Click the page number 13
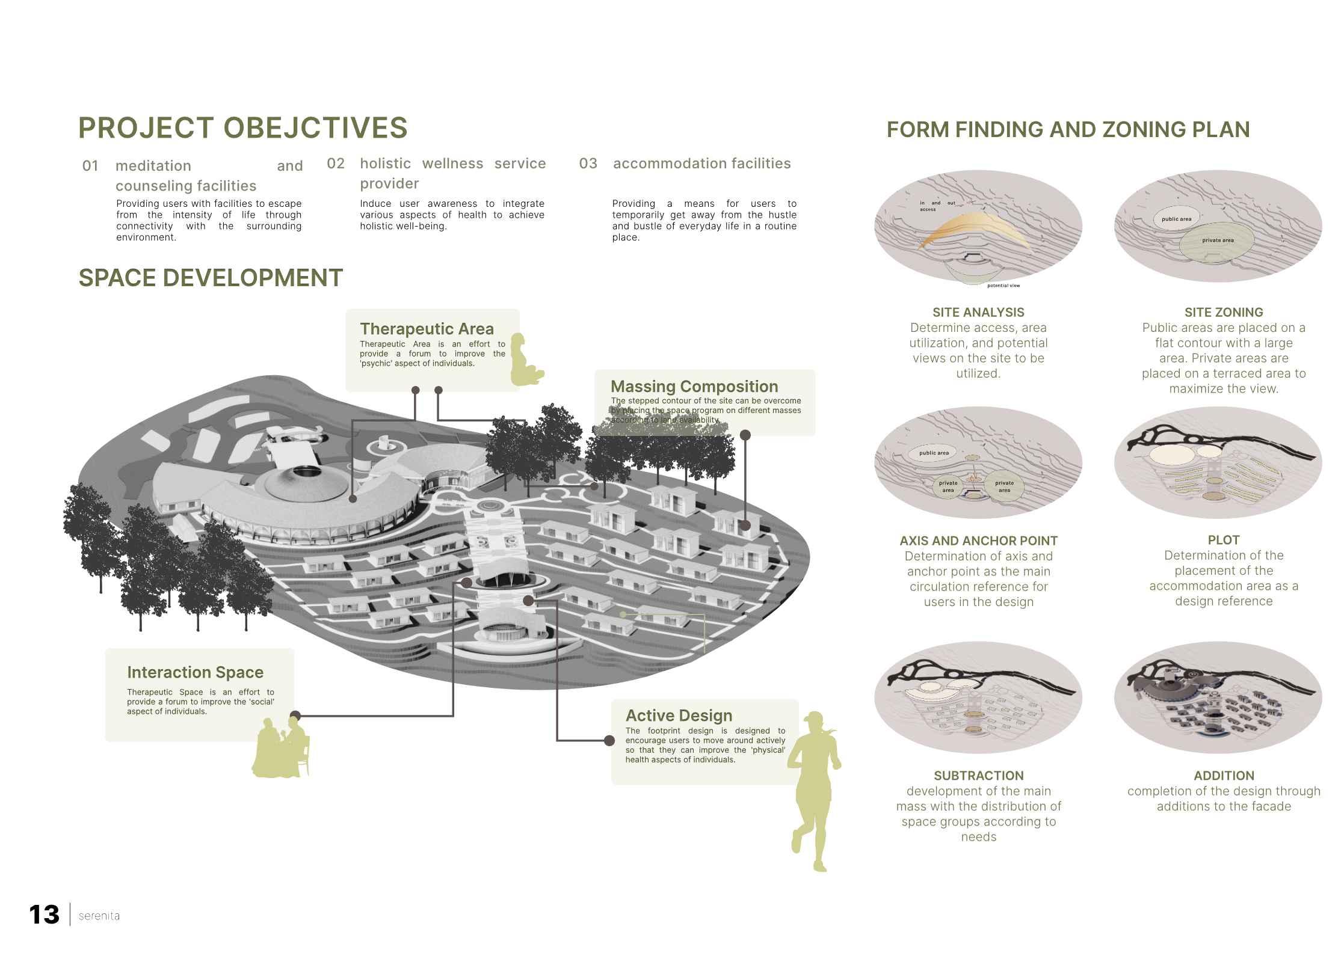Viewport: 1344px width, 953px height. click(44, 915)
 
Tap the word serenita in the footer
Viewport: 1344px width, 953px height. click(99, 916)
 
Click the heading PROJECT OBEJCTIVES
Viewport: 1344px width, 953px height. click(242, 128)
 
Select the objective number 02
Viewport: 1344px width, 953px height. click(336, 164)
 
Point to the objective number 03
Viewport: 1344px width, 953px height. click(588, 164)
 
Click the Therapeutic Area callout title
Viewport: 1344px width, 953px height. click(427, 329)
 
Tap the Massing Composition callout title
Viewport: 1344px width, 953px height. click(694, 387)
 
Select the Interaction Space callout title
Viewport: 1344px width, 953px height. click(195, 672)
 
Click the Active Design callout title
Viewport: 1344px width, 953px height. click(679, 716)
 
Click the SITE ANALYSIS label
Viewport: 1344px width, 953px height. click(978, 313)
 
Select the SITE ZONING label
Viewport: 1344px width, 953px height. click(1224, 313)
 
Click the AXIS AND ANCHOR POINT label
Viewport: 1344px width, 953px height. click(978, 541)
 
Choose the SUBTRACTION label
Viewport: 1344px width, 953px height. click(978, 776)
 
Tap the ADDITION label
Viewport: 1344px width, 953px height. click(1224, 776)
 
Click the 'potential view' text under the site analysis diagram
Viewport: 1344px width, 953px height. click(1003, 286)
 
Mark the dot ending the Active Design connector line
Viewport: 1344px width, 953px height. click(609, 741)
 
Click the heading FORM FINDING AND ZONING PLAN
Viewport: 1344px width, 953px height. click(1068, 130)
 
